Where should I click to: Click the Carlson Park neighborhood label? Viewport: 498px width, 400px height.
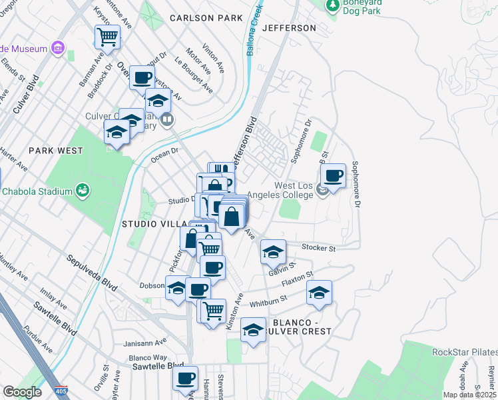pyautogui.click(x=206, y=18)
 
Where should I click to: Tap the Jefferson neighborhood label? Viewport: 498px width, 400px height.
pyautogui.click(x=289, y=28)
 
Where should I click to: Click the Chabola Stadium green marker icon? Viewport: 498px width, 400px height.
pyautogui.click(x=83, y=191)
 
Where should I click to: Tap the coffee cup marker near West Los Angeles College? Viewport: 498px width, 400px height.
pyautogui.click(x=334, y=176)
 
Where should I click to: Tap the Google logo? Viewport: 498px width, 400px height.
pyautogui.click(x=22, y=392)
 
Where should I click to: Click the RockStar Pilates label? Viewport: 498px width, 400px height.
pyautogui.click(x=465, y=352)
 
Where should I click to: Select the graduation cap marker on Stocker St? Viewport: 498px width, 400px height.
pyautogui.click(x=273, y=252)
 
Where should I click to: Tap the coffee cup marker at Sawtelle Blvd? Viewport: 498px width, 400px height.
pyautogui.click(x=186, y=378)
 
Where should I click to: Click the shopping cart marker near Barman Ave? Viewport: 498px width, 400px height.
pyautogui.click(x=107, y=37)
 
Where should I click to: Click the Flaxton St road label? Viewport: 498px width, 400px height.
pyautogui.click(x=300, y=277)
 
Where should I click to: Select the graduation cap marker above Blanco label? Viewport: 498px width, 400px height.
pyautogui.click(x=253, y=330)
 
